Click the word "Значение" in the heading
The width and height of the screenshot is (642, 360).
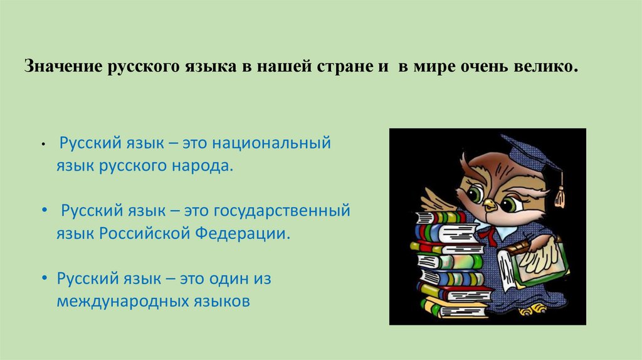coord(61,66)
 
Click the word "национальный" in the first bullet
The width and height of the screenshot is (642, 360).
coord(270,144)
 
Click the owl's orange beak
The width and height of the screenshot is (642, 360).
coord(489,204)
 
